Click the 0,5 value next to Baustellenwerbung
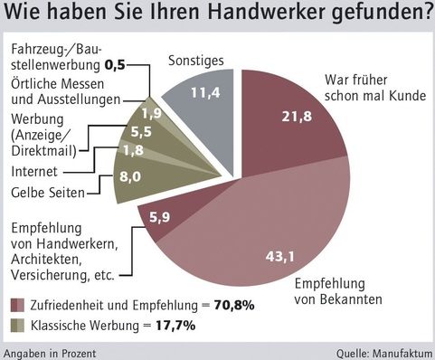(139, 65)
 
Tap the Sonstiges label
(193, 60)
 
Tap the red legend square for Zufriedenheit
(17, 304)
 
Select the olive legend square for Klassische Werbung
(17, 323)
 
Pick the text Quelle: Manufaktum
(384, 352)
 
